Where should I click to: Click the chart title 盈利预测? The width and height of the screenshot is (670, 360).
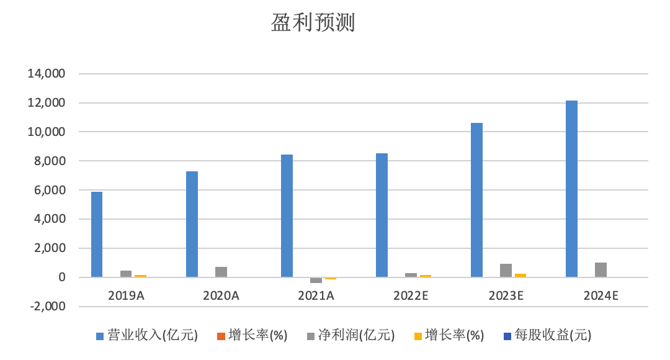coord(312,23)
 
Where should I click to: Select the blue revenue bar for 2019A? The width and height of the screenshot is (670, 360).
coord(97,235)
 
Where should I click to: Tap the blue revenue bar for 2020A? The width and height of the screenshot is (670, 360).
coord(192,224)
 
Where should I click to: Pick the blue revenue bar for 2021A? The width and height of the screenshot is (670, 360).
coord(287,216)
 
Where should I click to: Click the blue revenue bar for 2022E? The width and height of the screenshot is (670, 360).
coord(382,215)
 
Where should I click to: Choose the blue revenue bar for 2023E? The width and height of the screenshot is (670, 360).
coord(476,200)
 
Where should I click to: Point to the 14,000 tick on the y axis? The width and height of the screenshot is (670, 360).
coord(47,74)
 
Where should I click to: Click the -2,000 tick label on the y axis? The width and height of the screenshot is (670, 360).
coord(47,307)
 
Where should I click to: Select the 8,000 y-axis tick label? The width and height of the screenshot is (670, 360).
coord(50,161)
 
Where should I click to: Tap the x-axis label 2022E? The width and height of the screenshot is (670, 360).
coord(411,295)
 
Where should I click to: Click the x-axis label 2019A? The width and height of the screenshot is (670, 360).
coord(126,295)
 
